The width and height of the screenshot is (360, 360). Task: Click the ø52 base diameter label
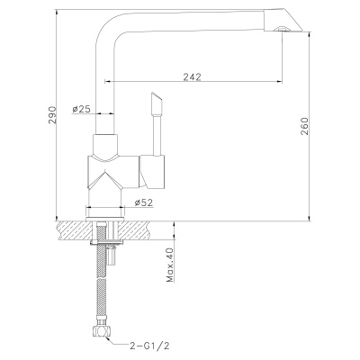143,202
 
